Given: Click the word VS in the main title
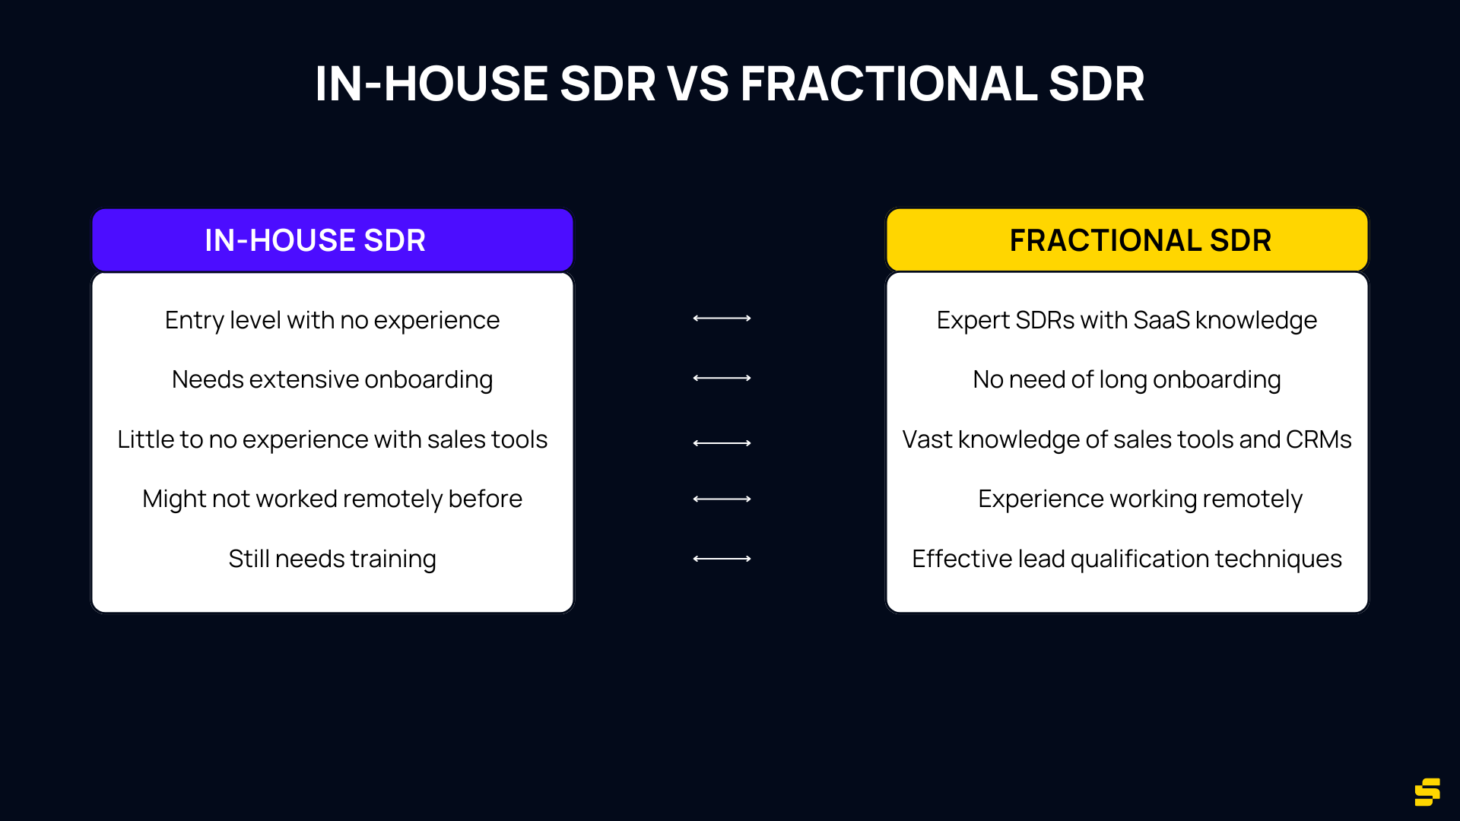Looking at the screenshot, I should (697, 84).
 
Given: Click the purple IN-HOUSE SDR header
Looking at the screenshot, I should (332, 240).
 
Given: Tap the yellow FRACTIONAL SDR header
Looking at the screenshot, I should (1127, 240).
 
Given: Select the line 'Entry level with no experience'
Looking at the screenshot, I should (332, 320).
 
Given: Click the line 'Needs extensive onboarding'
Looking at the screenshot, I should (332, 379).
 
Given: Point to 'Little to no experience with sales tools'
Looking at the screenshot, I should (332, 439).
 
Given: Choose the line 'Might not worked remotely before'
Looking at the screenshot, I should (332, 499).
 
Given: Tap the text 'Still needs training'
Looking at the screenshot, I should (332, 559).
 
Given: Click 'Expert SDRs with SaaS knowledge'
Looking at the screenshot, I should (1127, 320).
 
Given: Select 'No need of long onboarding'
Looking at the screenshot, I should (1127, 379).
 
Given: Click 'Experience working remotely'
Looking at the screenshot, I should (1140, 499).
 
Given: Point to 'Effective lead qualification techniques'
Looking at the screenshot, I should (1127, 559).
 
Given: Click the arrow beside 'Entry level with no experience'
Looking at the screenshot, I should (722, 319).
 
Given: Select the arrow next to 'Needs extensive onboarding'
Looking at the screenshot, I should (722, 378).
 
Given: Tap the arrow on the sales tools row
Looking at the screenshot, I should (722, 442).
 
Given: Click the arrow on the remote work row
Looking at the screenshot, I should (722, 499).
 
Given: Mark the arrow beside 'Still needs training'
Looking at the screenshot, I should (722, 559).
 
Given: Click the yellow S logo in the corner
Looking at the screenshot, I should (1427, 791).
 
